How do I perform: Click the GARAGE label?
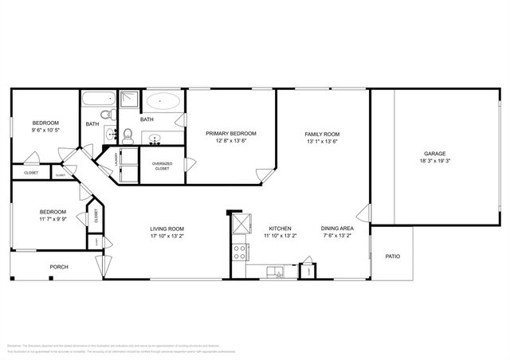coord(434,154)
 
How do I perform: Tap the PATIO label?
coord(392,256)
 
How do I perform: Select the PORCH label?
coord(59,267)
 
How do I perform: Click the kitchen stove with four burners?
coord(238,252)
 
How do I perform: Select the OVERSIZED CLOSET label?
coord(162,166)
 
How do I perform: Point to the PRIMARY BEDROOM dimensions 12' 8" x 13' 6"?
coord(231,141)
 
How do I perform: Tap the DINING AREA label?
coord(337,229)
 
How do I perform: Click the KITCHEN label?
coord(279,229)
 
